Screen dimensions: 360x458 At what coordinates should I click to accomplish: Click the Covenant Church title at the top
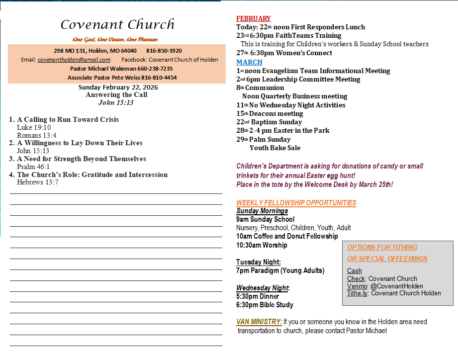117,24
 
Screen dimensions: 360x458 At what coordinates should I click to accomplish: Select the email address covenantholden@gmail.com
74,60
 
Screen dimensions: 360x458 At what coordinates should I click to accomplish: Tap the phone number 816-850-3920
164,51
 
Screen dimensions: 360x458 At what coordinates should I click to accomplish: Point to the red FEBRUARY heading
254,18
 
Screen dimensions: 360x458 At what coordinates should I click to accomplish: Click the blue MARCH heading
249,62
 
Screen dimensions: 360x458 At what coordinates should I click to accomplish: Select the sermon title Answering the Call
116,95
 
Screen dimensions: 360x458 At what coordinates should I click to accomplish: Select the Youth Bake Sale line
275,148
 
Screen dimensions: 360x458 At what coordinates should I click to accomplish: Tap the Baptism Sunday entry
276,122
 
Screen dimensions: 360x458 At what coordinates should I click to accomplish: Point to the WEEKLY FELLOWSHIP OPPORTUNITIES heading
296,203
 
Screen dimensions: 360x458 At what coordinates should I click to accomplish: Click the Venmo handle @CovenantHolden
397,286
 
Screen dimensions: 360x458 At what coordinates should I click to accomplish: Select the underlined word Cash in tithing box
355,271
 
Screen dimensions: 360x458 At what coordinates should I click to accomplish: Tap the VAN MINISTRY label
259,322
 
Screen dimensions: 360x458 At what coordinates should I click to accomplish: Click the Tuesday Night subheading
259,262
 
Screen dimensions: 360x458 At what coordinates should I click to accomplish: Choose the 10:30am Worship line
262,245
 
